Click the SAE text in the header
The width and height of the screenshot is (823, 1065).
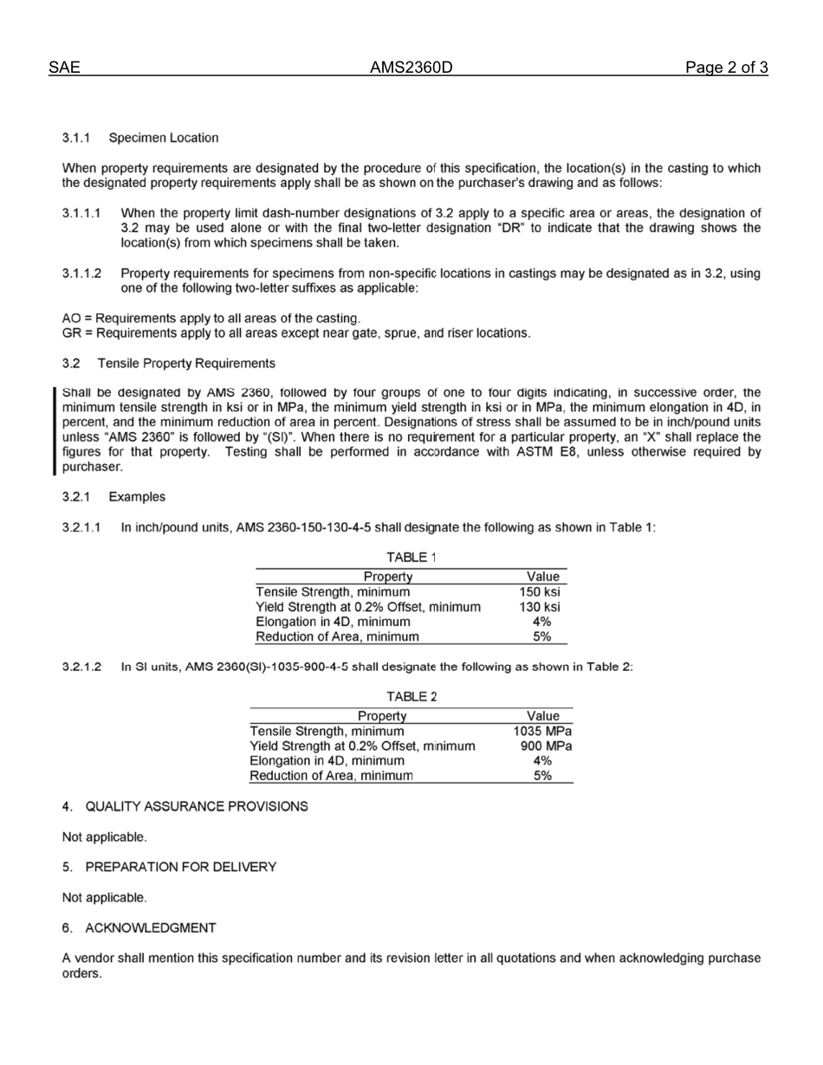click(65, 68)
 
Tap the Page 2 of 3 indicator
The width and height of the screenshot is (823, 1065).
click(726, 68)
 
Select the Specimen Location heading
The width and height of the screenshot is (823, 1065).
click(164, 138)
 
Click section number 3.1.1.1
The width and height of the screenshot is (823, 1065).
click(81, 213)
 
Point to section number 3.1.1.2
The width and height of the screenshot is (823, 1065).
click(81, 274)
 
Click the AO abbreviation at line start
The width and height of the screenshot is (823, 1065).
click(72, 319)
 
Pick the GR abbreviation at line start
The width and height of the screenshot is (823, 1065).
click(72, 333)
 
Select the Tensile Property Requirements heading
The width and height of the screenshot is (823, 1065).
click(186, 364)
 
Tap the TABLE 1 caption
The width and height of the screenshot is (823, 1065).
click(411, 557)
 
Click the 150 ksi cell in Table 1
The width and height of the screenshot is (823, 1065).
click(543, 592)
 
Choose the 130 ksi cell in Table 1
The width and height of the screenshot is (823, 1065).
click(543, 607)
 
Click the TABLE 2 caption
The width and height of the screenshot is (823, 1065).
click(411, 696)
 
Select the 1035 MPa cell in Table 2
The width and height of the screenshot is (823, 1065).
click(542, 732)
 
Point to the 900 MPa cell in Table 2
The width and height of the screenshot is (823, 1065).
click(546, 746)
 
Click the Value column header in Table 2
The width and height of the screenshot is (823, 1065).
click(543, 716)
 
